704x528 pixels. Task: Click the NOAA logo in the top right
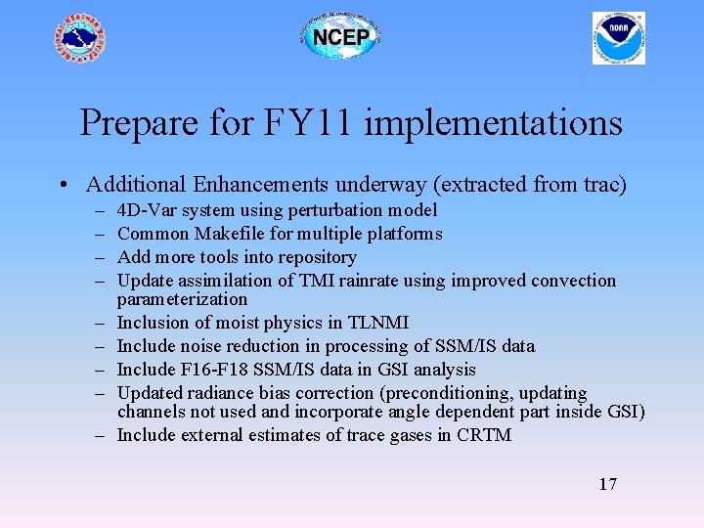point(619,38)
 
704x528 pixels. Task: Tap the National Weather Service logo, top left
point(79,39)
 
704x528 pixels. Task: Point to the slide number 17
point(607,484)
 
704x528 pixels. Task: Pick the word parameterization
point(182,299)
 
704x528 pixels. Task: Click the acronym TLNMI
point(378,323)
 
